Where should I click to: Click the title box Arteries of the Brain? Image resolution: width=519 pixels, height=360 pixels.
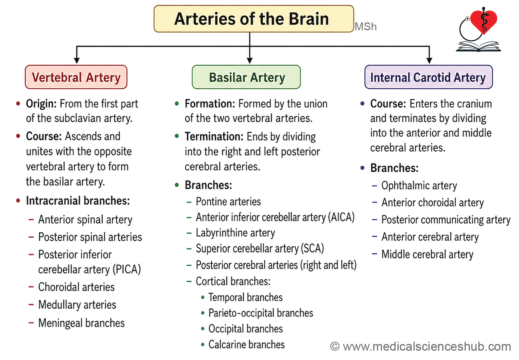coord(254,19)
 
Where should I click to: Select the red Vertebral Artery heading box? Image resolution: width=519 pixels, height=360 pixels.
coord(76,77)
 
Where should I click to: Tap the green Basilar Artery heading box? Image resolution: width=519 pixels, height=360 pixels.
coord(246,77)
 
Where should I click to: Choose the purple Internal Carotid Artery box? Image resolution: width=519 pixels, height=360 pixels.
coord(429,77)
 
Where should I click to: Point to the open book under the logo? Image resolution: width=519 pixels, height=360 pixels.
coord(478,46)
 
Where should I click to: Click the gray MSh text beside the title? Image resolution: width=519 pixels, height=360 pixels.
coord(366,26)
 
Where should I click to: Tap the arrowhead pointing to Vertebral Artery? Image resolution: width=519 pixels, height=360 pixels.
coord(77,60)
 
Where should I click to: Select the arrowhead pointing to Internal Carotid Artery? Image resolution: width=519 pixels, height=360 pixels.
coord(430,60)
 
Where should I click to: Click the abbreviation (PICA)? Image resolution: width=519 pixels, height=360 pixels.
coord(127,269)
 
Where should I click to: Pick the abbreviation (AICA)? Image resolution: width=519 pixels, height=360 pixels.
coord(341,217)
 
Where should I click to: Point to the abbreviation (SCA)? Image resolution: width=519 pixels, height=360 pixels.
coord(312,248)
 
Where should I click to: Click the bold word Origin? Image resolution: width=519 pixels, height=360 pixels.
coord(41,104)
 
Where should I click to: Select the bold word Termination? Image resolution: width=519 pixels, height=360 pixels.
coord(214,137)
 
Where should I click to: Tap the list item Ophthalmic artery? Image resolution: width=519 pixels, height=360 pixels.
coord(419,186)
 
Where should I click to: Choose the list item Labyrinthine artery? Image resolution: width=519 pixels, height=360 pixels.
coord(235,233)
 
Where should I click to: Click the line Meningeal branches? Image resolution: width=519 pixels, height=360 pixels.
coord(82,323)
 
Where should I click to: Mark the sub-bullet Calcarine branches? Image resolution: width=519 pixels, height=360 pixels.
coord(246,344)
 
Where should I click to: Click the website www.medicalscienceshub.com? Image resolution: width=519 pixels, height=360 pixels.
coord(427,347)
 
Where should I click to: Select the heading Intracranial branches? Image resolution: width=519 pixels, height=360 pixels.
coord(78,201)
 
